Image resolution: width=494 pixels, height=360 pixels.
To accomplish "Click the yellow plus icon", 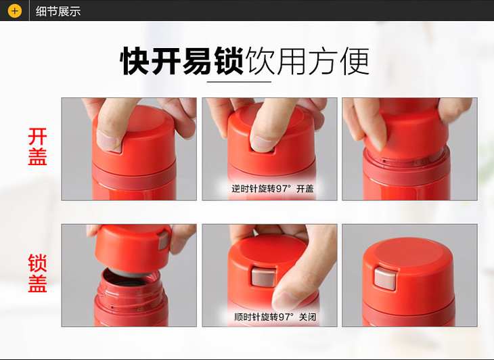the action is pos(14,11).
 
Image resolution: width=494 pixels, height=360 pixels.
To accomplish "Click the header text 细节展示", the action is pos(58,12).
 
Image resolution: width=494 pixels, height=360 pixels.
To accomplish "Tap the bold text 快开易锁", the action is pos(182,61).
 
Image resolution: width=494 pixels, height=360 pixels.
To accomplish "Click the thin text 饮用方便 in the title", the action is pos(307,61).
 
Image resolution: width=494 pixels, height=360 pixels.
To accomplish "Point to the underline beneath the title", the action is pos(239,82).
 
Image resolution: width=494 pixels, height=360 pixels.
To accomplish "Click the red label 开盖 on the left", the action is pos(37,146).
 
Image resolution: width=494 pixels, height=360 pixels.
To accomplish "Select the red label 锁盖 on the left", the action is pos(37,273).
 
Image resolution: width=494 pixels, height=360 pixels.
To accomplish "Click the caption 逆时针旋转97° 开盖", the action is pos(273,189).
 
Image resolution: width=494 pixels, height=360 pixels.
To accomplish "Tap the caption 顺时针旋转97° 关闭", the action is pos(275,317).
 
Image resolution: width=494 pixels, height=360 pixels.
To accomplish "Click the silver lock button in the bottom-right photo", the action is pos(385,278).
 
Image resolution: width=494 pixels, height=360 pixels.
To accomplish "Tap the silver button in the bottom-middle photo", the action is pos(263,277).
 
